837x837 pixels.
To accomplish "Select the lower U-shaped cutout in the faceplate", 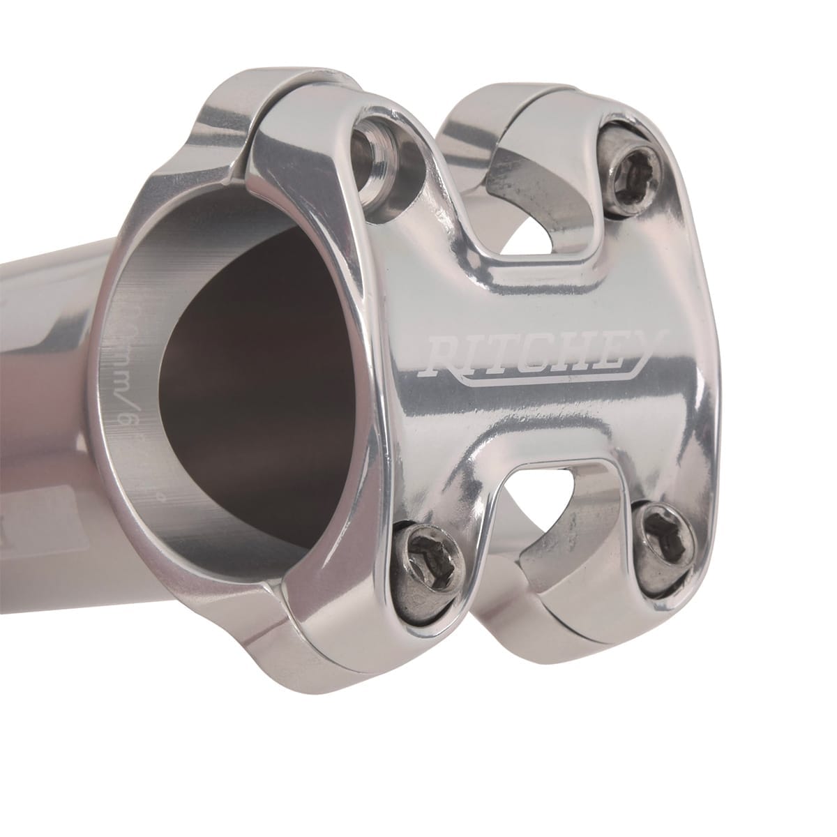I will coord(551,502).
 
